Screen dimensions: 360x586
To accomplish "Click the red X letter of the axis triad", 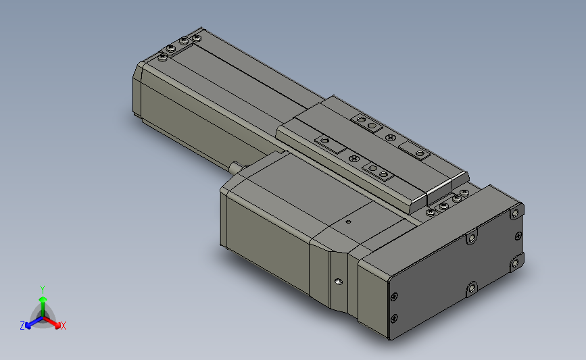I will click(63, 326).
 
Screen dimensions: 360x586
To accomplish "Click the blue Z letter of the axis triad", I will click(22, 326).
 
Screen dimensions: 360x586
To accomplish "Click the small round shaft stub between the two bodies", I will click(235, 166).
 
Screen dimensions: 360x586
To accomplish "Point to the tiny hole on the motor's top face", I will click(348, 221).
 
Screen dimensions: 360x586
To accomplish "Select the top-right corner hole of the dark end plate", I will click(516, 213).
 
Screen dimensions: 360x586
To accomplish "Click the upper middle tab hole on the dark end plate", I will click(471, 237).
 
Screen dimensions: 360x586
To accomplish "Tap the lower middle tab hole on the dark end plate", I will click(471, 289).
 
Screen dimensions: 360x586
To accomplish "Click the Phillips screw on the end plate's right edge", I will click(518, 236).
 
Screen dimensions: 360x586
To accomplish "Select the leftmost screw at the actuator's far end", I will click(162, 57).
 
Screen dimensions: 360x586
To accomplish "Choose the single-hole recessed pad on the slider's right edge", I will click(414, 151).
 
